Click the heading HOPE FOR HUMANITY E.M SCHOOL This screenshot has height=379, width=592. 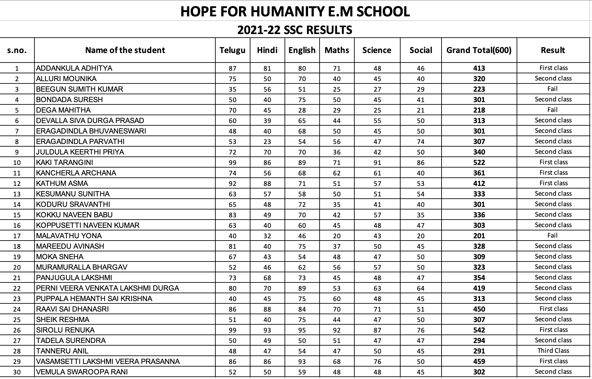[295, 11]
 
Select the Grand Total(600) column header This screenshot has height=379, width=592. [479, 50]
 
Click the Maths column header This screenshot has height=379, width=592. [337, 50]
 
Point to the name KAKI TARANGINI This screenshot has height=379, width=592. [65, 162]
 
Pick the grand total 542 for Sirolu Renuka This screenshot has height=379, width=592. [479, 330]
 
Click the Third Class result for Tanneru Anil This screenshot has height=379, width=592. [553, 351]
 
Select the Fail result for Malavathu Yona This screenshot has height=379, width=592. [552, 236]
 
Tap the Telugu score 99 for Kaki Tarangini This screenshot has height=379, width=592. [232, 163]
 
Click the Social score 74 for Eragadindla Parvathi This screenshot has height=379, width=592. [421, 142]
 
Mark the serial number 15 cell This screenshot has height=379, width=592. [17, 215]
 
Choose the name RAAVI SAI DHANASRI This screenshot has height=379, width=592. [72, 309]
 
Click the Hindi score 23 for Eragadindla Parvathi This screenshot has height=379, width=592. [267, 142]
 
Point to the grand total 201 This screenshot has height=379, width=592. [479, 236]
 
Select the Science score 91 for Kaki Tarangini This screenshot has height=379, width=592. [377, 163]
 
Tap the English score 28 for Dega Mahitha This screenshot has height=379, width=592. [302, 110]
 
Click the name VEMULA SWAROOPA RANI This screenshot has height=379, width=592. [82, 372]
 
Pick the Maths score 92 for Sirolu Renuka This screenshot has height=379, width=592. [337, 330]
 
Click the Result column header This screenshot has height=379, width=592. [553, 50]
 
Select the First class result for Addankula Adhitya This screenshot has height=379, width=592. [553, 68]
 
